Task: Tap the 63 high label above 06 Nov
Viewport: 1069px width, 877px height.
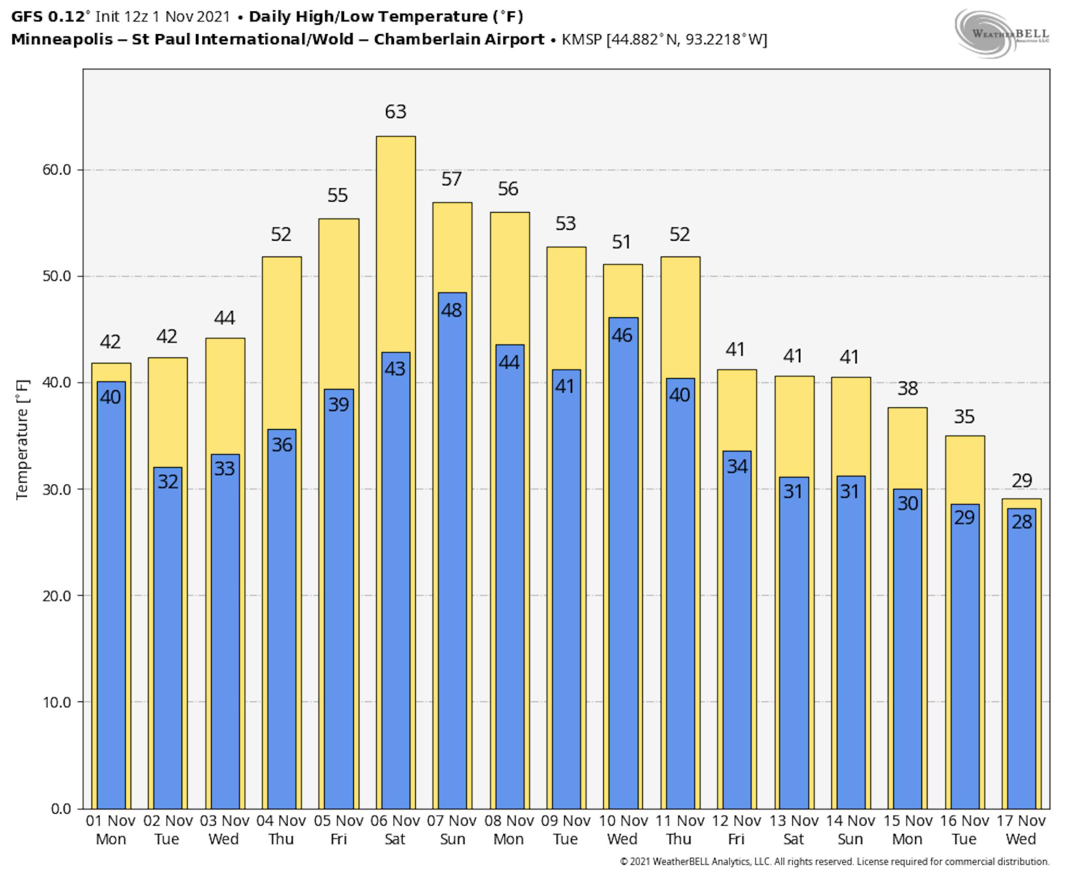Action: [395, 112]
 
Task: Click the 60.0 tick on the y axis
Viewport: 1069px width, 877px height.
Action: [56, 170]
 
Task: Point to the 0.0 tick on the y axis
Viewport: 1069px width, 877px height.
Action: [61, 809]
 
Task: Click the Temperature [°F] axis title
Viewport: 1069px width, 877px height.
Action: [22, 439]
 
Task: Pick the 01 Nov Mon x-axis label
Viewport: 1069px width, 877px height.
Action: [111, 830]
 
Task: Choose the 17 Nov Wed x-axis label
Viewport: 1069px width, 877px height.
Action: [1021, 830]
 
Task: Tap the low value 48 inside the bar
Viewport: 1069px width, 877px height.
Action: [451, 310]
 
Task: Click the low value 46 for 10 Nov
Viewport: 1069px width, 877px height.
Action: [622, 336]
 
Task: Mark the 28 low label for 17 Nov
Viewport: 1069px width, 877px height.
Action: [1021, 522]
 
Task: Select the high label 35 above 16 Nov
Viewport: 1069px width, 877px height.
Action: [964, 417]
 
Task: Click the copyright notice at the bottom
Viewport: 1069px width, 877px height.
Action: [834, 862]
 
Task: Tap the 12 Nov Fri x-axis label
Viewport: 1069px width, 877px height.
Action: [736, 830]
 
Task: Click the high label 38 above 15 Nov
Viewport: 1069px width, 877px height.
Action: [908, 389]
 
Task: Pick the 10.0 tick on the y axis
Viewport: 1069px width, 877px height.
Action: [56, 702]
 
